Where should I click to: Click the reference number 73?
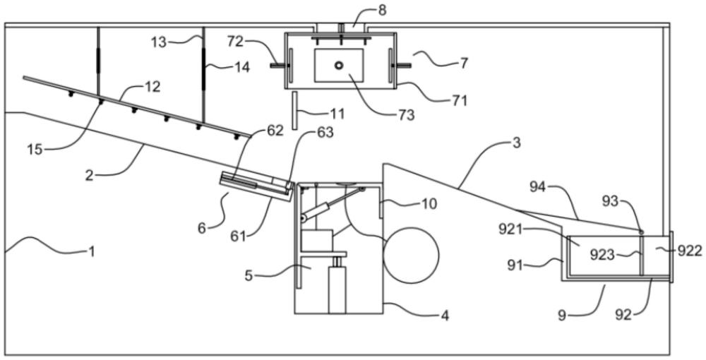pos(406,115)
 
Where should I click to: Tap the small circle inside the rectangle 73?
pos(339,65)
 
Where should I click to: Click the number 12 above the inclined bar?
pos(152,86)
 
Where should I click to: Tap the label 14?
pos(241,68)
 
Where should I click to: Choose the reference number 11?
pos(337,114)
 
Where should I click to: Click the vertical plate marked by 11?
pos(294,110)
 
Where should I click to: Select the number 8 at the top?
pos(382,11)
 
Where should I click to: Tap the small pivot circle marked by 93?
pos(640,232)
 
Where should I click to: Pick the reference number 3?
pos(516,143)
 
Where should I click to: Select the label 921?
pos(510,229)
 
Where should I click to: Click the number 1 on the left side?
pos(91,251)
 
